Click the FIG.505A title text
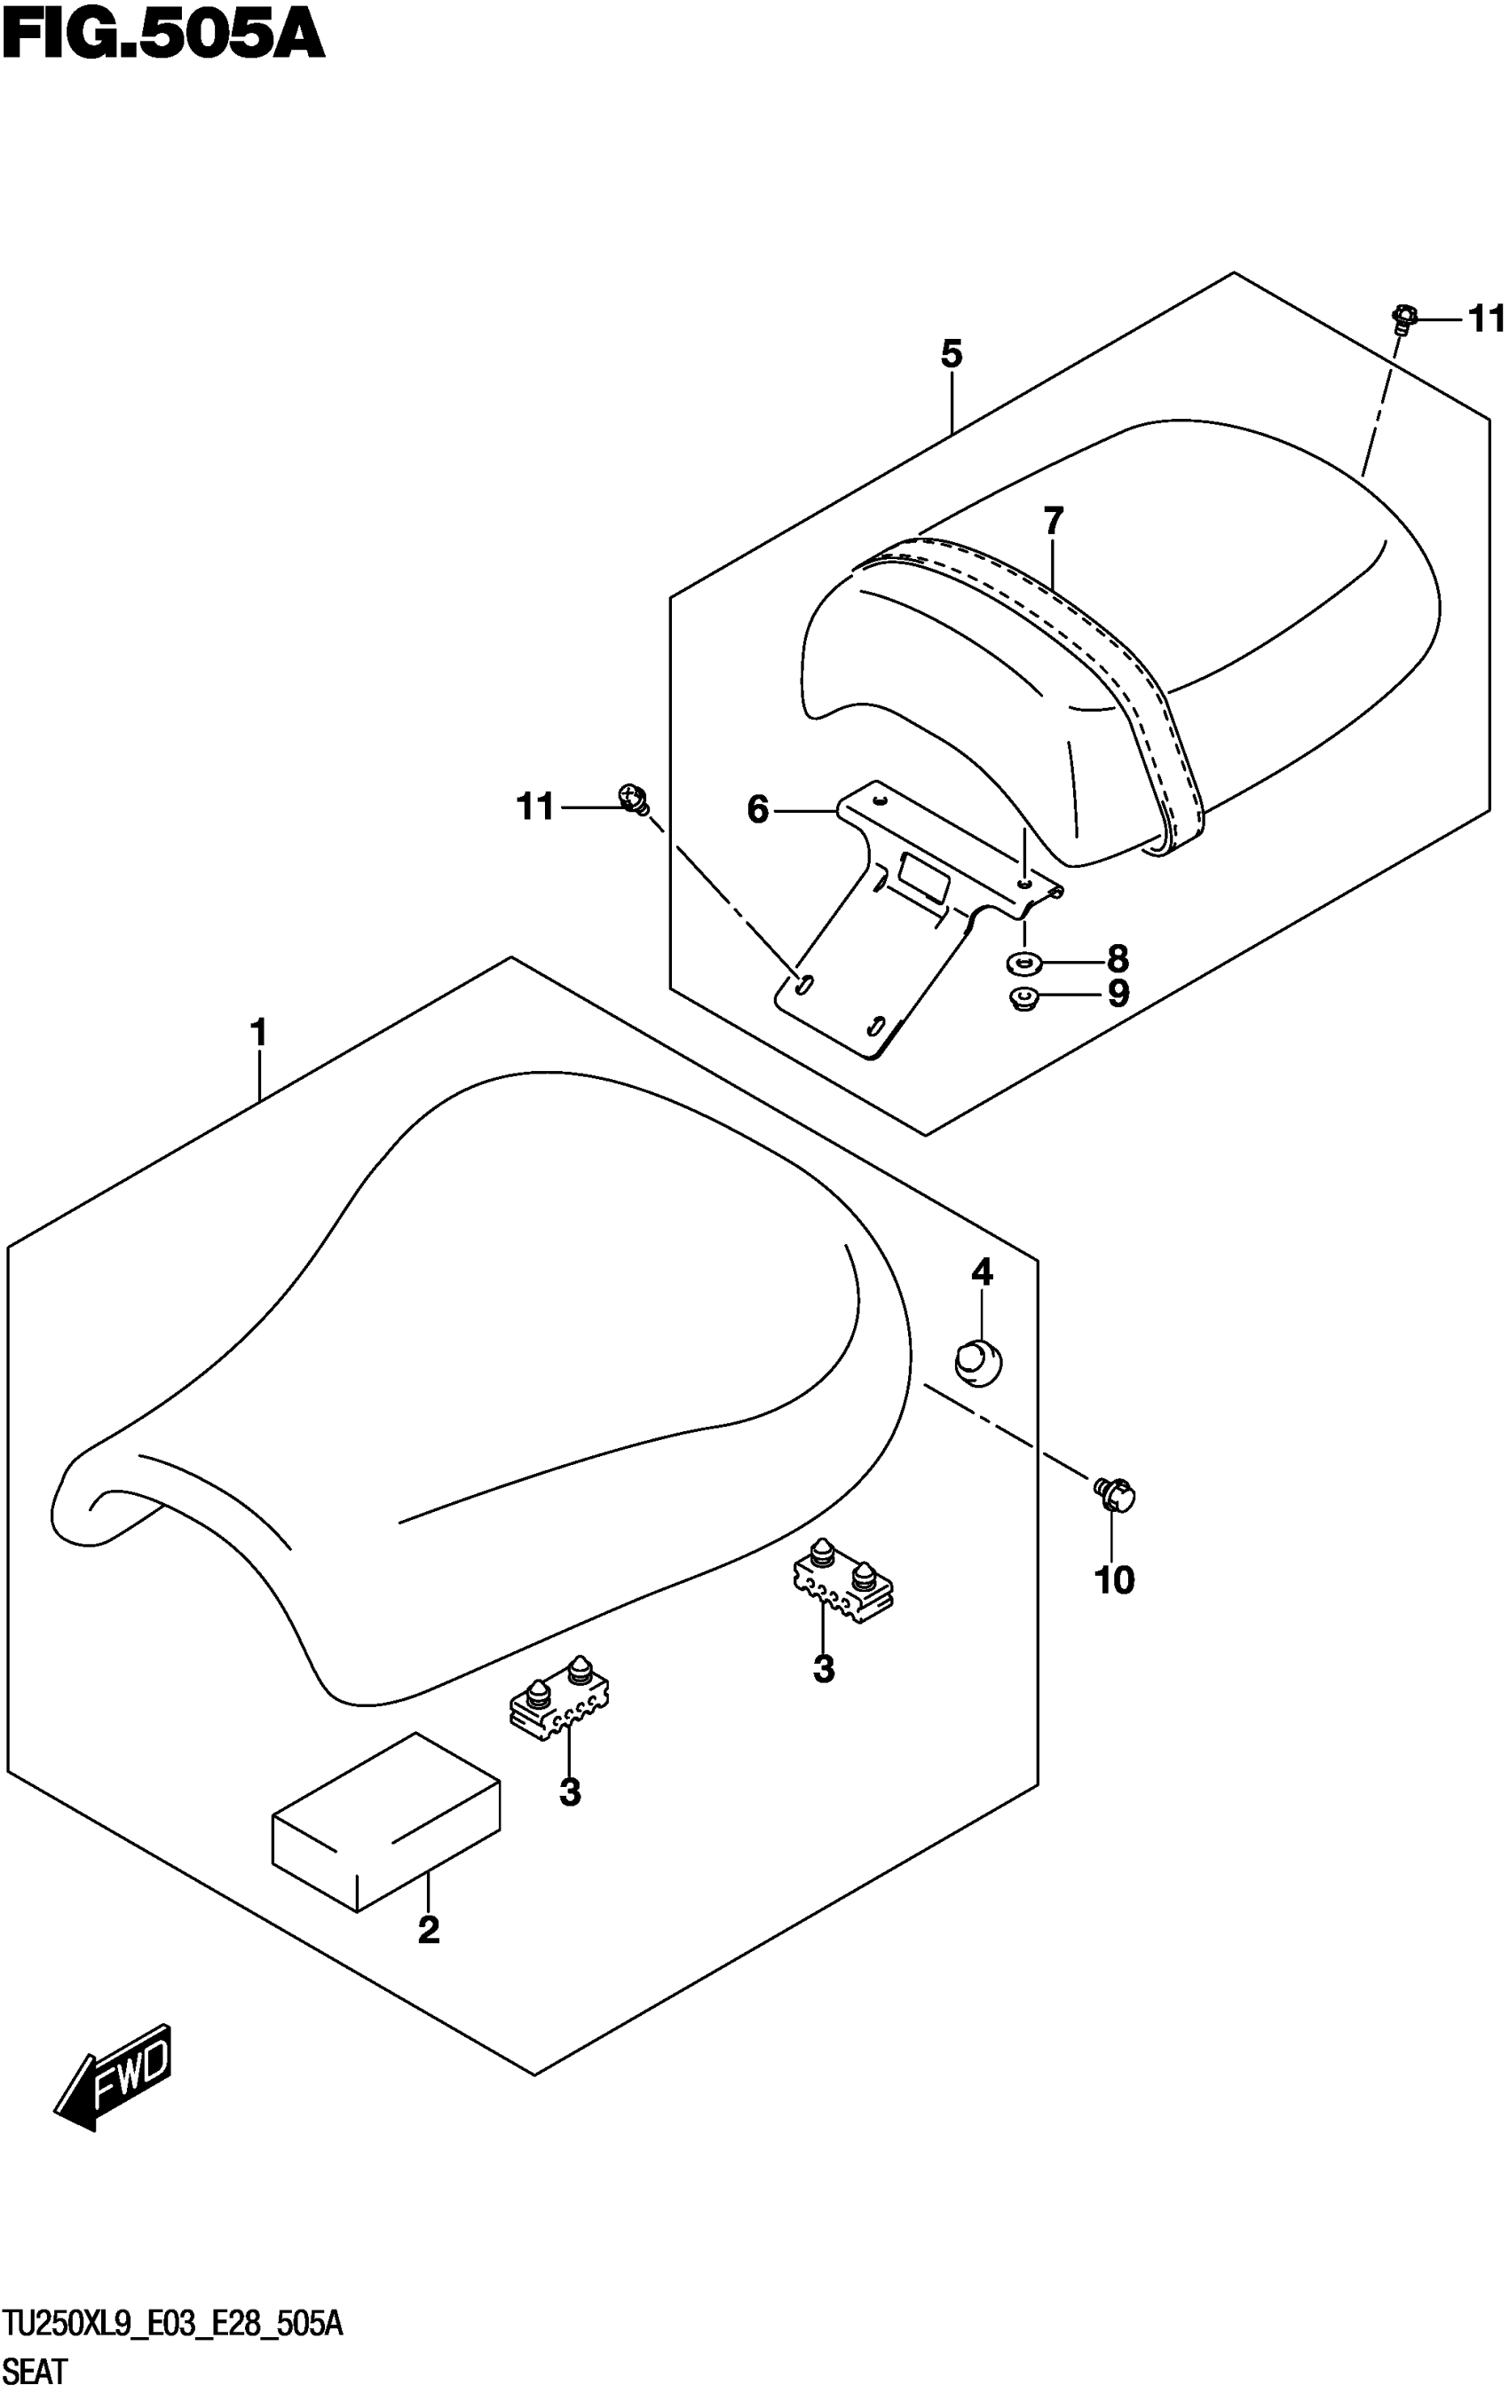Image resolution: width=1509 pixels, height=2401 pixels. click(x=162, y=38)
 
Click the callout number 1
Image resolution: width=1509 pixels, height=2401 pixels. click(x=259, y=1032)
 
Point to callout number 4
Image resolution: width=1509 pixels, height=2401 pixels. click(x=983, y=1271)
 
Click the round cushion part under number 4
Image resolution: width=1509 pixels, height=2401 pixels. click(x=978, y=1361)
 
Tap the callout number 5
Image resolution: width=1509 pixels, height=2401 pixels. click(x=952, y=353)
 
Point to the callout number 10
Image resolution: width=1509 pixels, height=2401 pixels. click(x=1114, y=1579)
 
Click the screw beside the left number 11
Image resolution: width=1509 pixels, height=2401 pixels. click(x=633, y=797)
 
